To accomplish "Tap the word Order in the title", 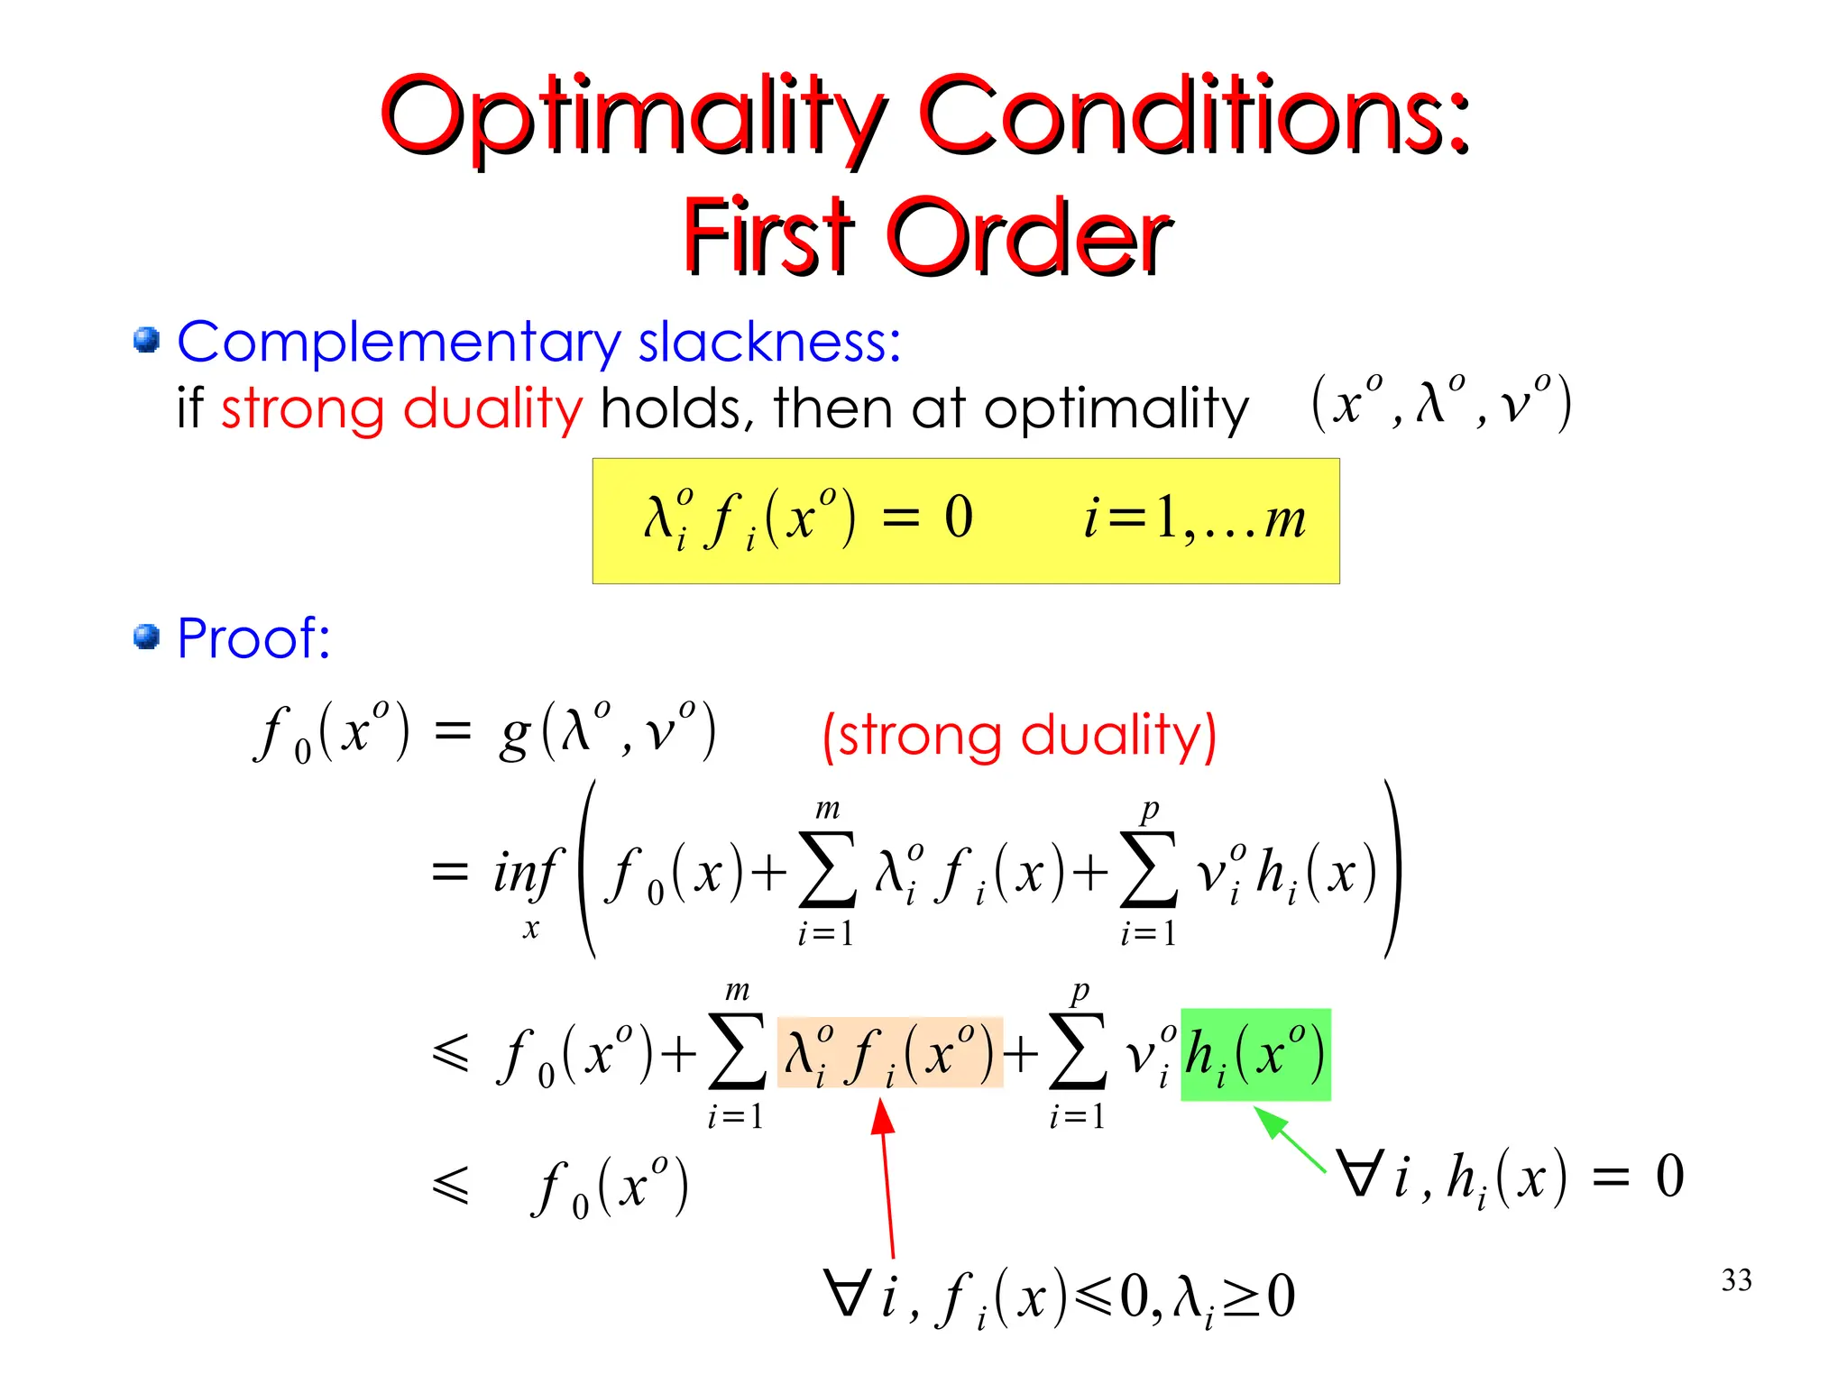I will [x=1030, y=236].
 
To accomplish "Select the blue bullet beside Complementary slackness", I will [x=146, y=341].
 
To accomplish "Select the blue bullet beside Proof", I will [x=146, y=637].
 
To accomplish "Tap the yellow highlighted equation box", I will [x=965, y=521].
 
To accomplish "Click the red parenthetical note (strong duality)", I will [x=1019, y=736].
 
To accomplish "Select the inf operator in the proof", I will [x=527, y=873].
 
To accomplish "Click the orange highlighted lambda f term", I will [x=890, y=1052].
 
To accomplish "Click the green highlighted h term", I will [x=1255, y=1054].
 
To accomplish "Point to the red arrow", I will [x=887, y=1181].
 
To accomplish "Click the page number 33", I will [x=1736, y=1280].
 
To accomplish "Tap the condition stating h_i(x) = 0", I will [x=1511, y=1178].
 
